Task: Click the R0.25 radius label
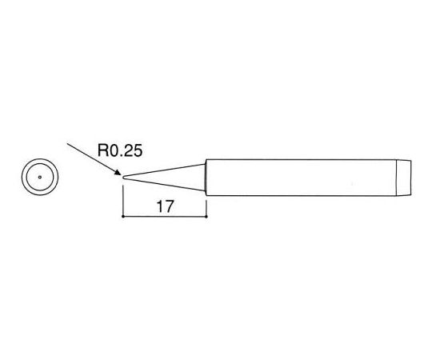point(120,150)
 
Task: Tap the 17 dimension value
point(166,206)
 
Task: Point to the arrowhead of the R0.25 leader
point(118,173)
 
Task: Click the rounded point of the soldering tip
point(123,178)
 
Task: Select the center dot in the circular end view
point(40,177)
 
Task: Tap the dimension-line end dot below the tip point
point(123,217)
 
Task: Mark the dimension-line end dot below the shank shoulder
point(206,217)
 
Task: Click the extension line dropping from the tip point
point(123,201)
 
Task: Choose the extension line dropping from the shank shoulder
point(206,206)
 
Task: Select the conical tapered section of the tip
point(164,178)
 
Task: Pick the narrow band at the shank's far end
point(404,178)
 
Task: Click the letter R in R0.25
point(102,150)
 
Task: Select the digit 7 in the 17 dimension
point(169,206)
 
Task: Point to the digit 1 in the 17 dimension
point(159,206)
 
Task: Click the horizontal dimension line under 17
point(165,217)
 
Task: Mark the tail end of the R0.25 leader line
point(67,143)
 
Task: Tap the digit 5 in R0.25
point(138,150)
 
